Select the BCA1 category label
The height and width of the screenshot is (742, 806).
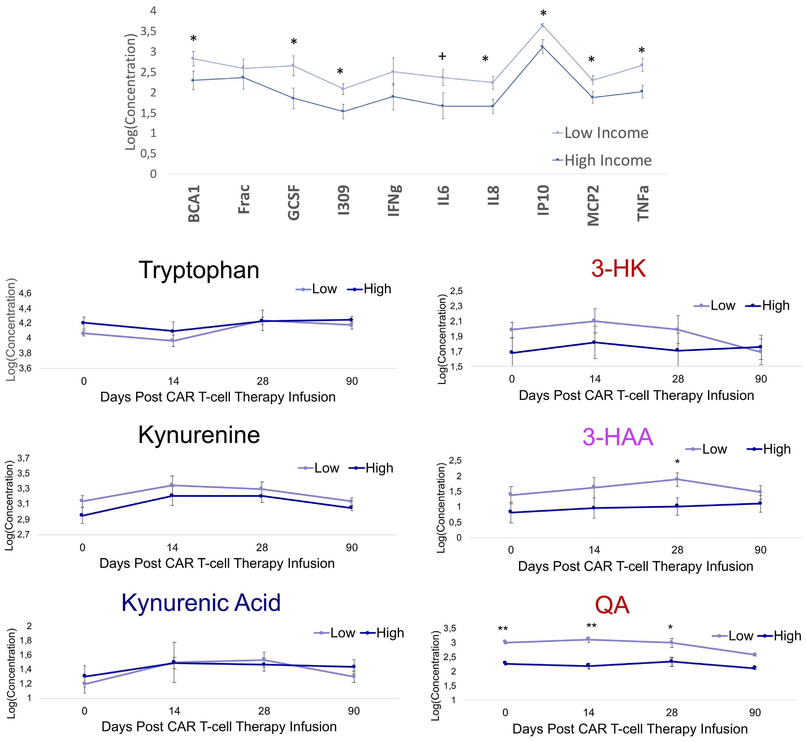point(194,203)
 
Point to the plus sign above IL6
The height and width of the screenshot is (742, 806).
point(442,56)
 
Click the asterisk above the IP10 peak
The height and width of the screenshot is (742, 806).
point(543,14)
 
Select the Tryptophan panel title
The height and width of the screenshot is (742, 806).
point(199,270)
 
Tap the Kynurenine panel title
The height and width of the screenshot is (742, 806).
point(199,435)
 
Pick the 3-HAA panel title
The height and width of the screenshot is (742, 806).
point(618,437)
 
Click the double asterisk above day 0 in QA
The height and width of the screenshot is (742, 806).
point(503,629)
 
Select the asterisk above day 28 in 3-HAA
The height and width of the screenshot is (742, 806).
point(677,462)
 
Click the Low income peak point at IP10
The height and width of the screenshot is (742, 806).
point(543,25)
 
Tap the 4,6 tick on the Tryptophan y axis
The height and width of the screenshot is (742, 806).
point(25,293)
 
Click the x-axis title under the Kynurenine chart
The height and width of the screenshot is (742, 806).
point(217,563)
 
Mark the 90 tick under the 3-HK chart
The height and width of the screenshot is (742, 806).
point(761,379)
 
